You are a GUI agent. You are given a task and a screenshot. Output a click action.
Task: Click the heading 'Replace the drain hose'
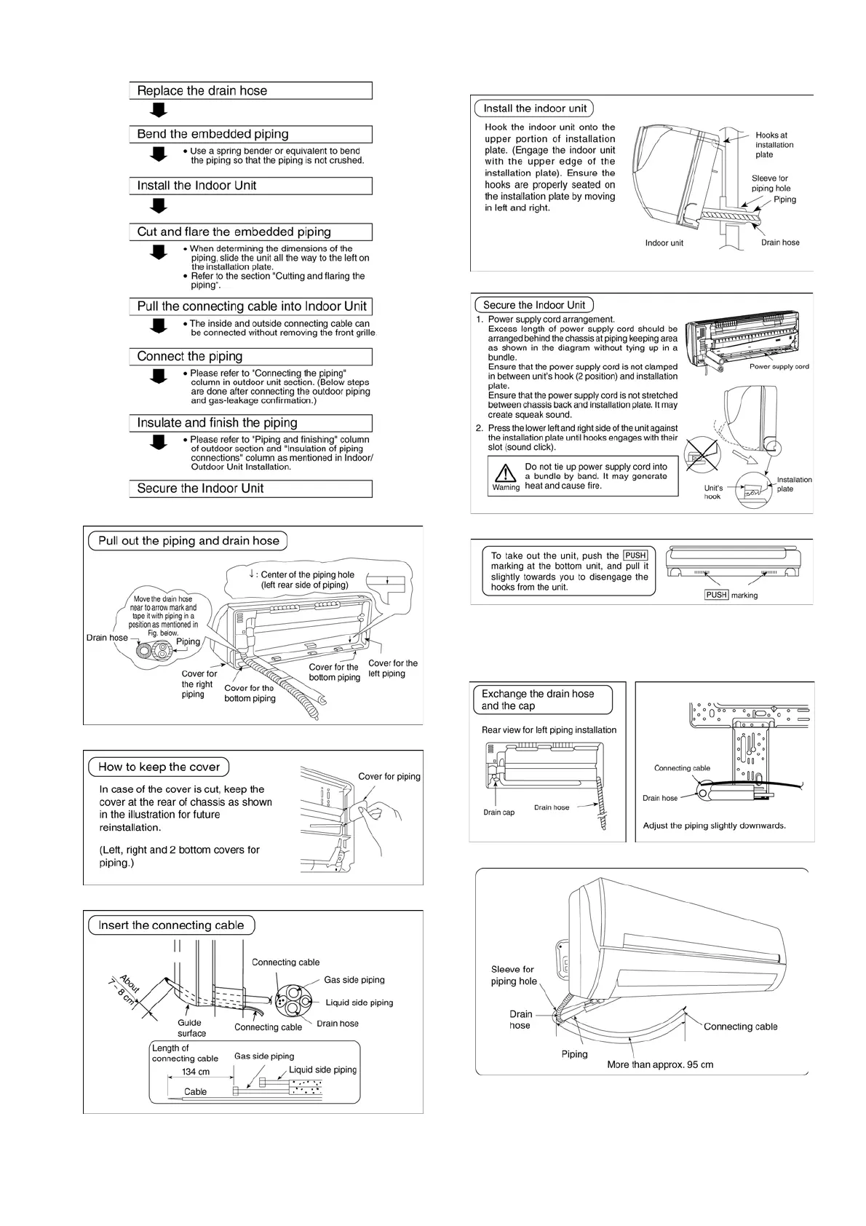pos(202,91)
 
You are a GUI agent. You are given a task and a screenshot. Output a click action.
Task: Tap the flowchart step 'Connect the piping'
pos(190,357)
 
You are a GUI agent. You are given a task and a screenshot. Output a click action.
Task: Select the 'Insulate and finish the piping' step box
pos(217,423)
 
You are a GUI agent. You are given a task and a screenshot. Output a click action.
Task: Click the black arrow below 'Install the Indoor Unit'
pos(159,206)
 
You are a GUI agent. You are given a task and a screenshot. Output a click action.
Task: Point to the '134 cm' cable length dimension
pos(196,1072)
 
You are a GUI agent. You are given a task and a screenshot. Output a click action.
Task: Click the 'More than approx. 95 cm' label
pos(660,1064)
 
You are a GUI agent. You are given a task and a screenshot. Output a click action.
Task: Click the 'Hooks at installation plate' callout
pos(774,145)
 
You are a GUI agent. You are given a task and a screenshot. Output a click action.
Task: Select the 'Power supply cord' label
pos(779,367)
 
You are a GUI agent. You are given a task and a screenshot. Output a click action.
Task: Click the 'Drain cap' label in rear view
pos(498,812)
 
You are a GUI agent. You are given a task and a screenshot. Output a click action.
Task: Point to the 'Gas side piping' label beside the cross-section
pos(354,980)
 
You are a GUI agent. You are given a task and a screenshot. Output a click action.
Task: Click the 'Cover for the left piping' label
pos(393,668)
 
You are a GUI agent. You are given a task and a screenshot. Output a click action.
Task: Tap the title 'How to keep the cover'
pos(159,767)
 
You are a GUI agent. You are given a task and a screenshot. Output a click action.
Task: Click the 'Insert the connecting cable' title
pos(171,925)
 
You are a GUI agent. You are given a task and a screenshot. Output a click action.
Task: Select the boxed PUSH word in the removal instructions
pos(635,555)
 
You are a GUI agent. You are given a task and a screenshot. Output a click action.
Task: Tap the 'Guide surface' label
pos(191,1028)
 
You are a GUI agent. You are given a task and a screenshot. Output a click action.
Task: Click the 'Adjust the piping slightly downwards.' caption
pos(714,826)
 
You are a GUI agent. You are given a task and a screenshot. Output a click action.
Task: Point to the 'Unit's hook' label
pos(713,492)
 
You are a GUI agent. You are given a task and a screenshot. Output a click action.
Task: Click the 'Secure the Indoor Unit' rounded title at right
pos(534,305)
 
